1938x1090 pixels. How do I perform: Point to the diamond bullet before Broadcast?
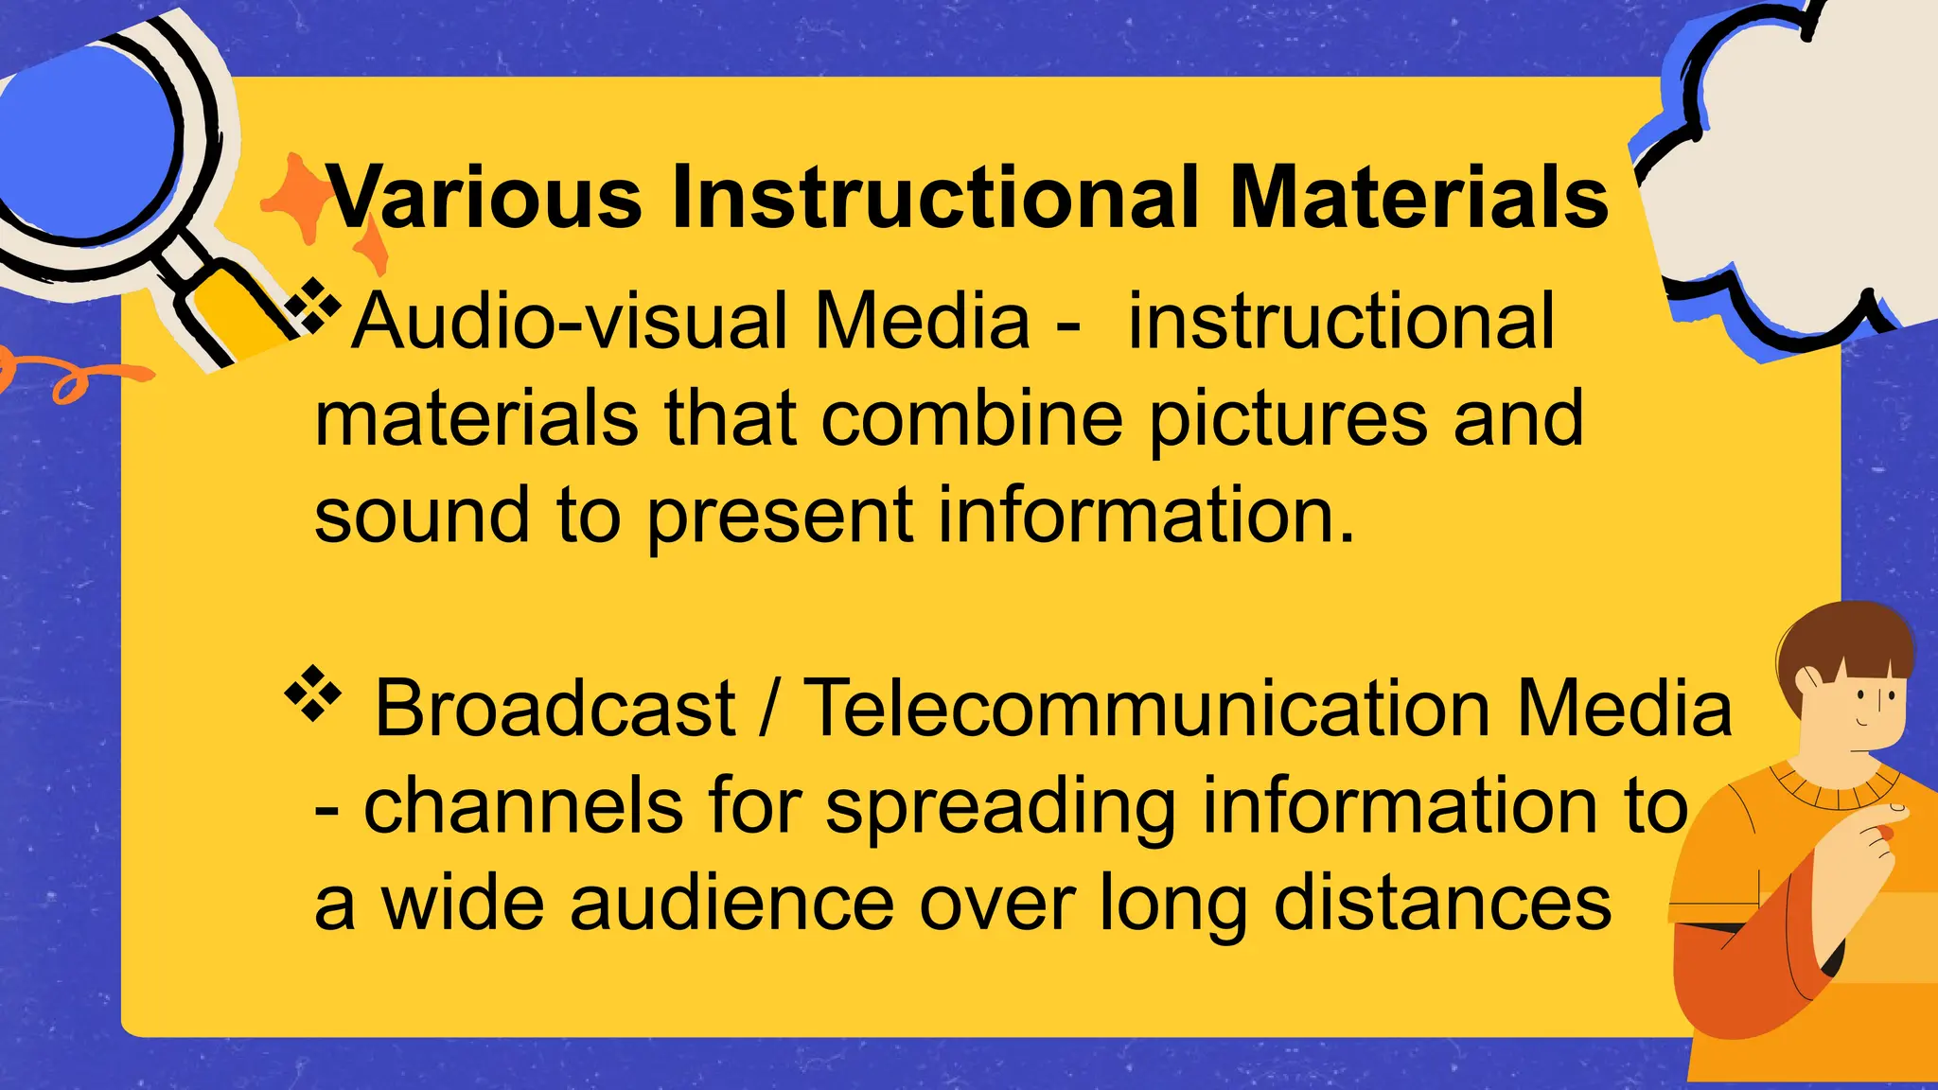coord(312,695)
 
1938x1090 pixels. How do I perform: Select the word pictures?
coord(1288,421)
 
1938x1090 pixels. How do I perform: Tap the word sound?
coord(421,516)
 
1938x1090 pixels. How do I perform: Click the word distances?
coord(1442,903)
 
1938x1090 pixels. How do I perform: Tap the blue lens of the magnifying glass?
coord(85,142)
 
